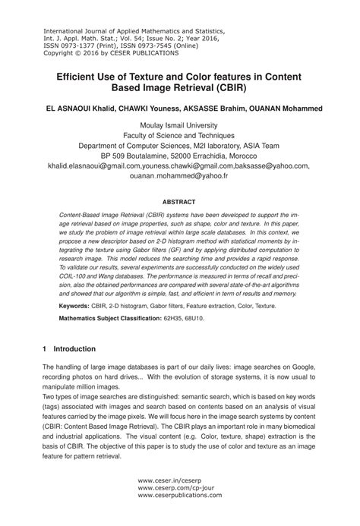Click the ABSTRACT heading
[179, 202]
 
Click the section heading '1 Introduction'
[69, 348]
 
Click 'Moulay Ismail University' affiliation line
[179, 126]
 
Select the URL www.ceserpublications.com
[180, 496]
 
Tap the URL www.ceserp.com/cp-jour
[174, 487]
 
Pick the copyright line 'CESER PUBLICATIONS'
[133, 53]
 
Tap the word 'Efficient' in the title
[82, 76]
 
